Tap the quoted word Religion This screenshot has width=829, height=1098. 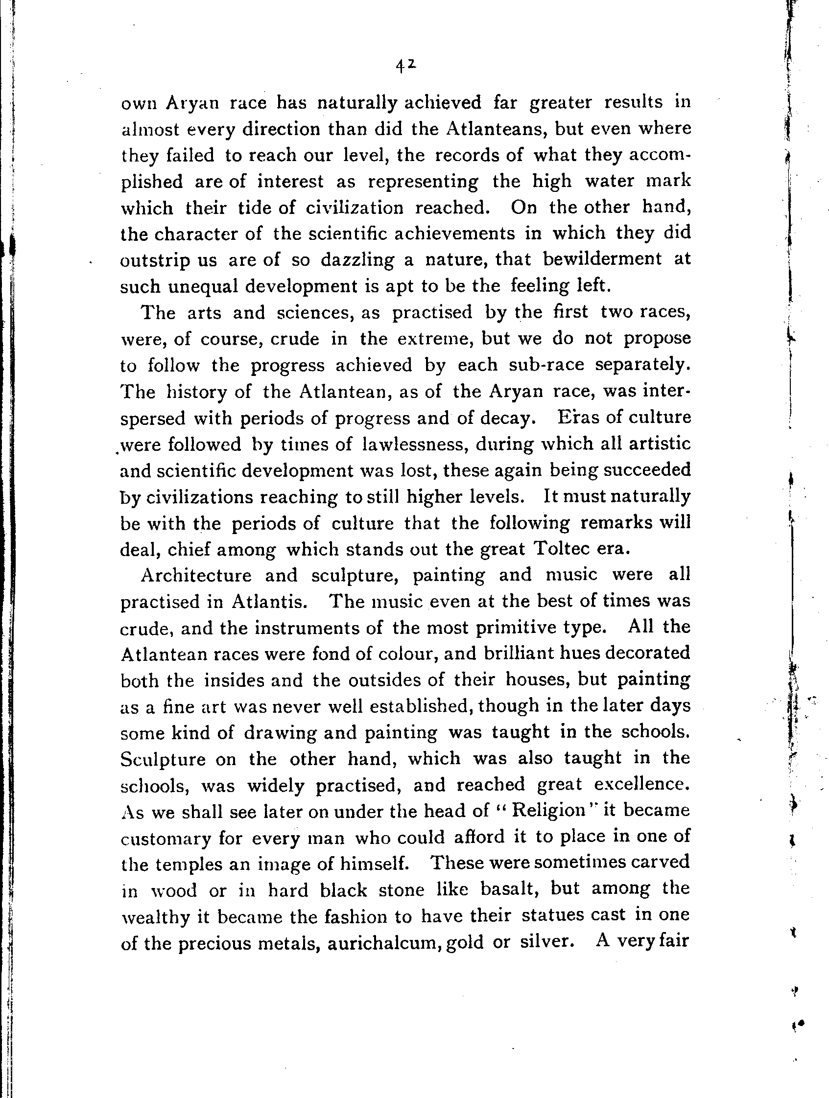point(548,810)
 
